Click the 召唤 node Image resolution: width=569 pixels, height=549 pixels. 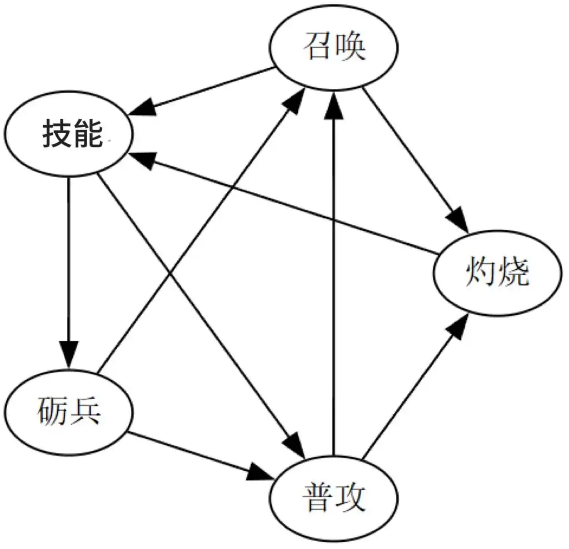pyautogui.click(x=333, y=48)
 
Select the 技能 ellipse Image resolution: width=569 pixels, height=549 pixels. pyautogui.click(x=69, y=134)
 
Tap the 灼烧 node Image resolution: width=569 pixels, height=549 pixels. pyautogui.click(x=497, y=273)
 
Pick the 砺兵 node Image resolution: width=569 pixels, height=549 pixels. pyautogui.click(x=69, y=412)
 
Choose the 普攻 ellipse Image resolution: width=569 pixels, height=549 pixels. pyautogui.click(x=333, y=499)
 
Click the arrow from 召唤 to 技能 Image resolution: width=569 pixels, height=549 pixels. pyautogui.click(x=201, y=91)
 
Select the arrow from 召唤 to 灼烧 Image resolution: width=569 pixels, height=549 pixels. pyautogui.click(x=416, y=160)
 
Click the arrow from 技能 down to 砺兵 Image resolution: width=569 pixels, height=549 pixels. pyautogui.click(x=69, y=273)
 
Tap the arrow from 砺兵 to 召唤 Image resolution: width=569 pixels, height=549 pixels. pyautogui.click(x=201, y=230)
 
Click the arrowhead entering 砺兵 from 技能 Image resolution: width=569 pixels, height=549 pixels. pyautogui.click(x=69, y=355)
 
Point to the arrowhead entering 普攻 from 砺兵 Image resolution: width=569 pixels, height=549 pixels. pyautogui.click(x=260, y=473)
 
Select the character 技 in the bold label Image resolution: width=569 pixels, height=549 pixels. pyautogui.click(x=57, y=133)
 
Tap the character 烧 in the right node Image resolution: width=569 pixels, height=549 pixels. pyautogui.click(x=514, y=271)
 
